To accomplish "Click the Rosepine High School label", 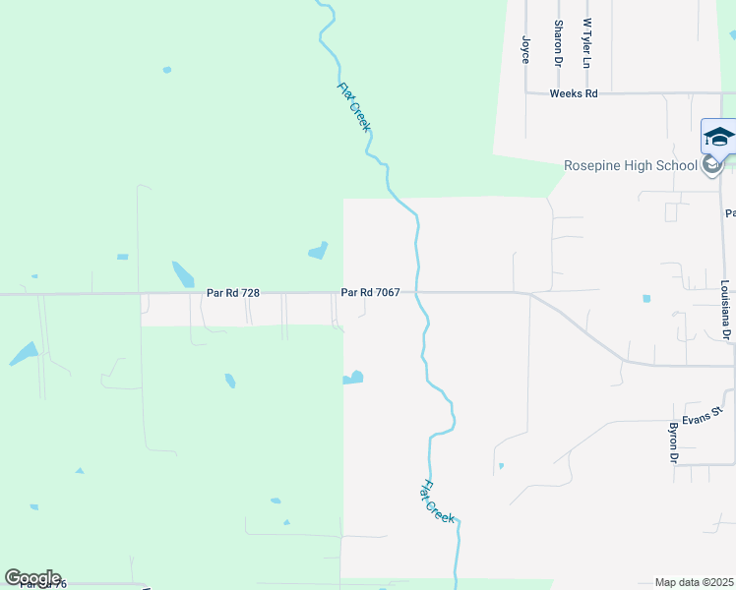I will (630, 165).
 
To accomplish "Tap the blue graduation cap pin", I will (718, 138).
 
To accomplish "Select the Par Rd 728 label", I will (233, 292).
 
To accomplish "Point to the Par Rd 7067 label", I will (370, 292).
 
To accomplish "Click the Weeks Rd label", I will (574, 93).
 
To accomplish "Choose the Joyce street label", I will (525, 49).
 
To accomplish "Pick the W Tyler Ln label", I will (587, 41).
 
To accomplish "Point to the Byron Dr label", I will (674, 442).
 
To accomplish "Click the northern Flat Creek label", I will (353, 106).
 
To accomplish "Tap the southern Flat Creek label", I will (439, 501).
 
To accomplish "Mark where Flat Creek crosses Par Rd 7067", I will (418, 292).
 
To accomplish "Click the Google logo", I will (32, 578).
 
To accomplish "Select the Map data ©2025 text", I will (695, 582).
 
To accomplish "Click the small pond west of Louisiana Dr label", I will (646, 298).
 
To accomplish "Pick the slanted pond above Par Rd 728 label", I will (183, 273).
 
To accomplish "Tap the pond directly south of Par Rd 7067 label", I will (353, 378).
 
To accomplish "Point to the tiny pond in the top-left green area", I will (166, 70).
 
